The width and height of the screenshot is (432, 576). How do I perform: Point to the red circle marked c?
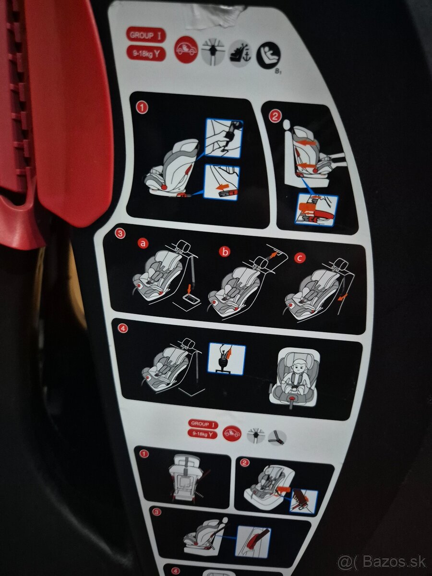[300, 258]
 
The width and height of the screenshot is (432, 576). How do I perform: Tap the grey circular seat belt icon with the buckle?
[277, 437]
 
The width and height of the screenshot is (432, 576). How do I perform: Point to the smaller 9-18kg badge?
[203, 434]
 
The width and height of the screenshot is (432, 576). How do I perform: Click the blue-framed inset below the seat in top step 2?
[316, 209]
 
